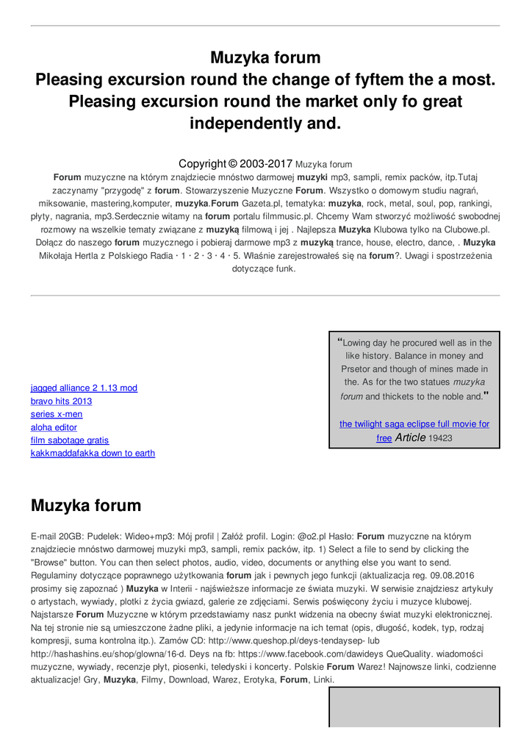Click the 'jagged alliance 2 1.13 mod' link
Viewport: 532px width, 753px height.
coord(84,388)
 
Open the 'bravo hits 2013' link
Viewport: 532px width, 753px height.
coord(61,402)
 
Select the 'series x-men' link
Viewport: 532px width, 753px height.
coord(57,415)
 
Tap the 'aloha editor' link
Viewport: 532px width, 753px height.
coord(54,427)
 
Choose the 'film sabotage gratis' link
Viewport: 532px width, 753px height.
coord(70,440)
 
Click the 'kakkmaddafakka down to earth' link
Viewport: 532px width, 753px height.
coord(93,453)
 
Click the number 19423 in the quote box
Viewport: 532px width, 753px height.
coord(440,438)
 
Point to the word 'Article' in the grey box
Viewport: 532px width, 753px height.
coord(410,438)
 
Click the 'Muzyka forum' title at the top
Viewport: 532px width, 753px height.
coord(265,57)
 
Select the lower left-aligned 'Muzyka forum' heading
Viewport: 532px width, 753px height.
coord(85,506)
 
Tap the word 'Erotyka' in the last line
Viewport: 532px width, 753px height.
coord(259,680)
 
